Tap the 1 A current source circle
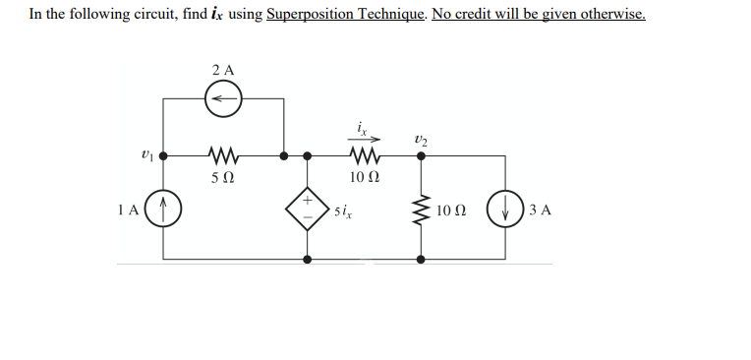tap(164, 209)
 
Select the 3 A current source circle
tap(505, 209)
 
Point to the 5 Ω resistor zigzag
tap(223, 155)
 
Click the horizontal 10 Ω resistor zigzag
tap(364, 155)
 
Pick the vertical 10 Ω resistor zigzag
tap(422, 209)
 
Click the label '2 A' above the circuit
tap(223, 70)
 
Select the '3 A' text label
tap(540, 209)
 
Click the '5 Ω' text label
tap(222, 178)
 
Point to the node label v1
tap(146, 154)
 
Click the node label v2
tap(422, 138)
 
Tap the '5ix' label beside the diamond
tap(343, 210)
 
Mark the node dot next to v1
tap(164, 155)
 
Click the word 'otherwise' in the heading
tap(613, 15)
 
